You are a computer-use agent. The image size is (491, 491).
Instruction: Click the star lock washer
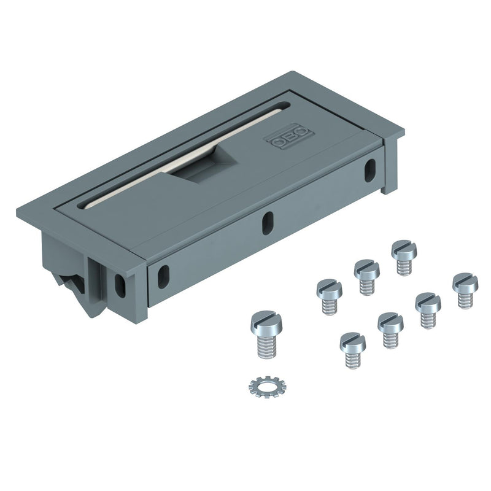point(268,387)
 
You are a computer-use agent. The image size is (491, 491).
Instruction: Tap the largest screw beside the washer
point(266,334)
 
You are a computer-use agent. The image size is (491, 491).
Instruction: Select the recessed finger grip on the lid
point(204,164)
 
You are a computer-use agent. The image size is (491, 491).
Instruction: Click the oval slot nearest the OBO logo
point(370,171)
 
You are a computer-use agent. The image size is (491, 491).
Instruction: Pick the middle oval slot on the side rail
point(268,223)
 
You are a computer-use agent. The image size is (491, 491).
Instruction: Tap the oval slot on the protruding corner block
point(120,286)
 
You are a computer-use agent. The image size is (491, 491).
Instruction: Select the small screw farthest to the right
point(465,290)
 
